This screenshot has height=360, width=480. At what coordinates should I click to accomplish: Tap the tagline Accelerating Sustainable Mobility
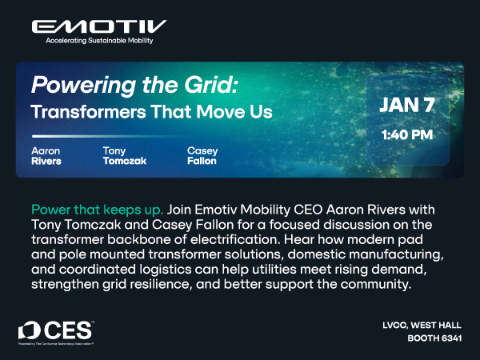[x=98, y=40]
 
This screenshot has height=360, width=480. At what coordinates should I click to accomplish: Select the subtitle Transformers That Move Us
[x=151, y=111]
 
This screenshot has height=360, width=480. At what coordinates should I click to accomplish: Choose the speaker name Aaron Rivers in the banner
[x=46, y=155]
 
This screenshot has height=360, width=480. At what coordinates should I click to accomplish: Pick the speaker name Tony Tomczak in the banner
[x=125, y=155]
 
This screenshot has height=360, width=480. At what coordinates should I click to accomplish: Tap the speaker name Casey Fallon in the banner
[x=202, y=155]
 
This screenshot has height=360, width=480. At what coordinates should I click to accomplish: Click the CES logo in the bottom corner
[x=57, y=330]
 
